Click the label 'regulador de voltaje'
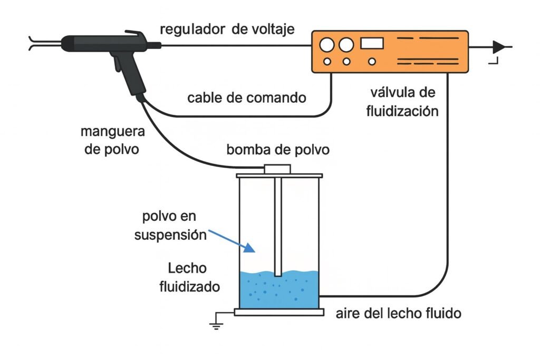[227, 30]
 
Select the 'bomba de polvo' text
[278, 150]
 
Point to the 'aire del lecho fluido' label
[398, 314]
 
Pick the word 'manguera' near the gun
[112, 130]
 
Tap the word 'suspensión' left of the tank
[169, 235]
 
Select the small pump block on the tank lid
[277, 169]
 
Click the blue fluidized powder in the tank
[279, 293]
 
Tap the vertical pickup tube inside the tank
[278, 227]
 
